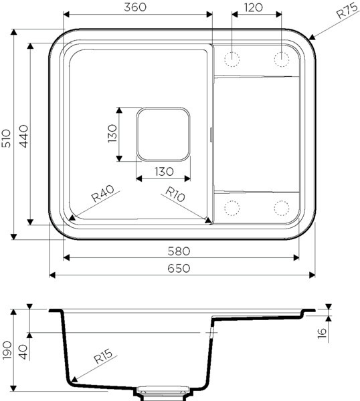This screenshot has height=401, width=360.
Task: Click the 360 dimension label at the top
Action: coord(137,7)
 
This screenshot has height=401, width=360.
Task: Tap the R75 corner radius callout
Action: coord(346,11)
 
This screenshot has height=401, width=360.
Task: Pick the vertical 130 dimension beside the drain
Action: coord(112,134)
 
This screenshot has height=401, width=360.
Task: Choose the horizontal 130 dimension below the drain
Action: coord(164,171)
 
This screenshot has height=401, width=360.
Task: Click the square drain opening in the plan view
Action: coord(164,134)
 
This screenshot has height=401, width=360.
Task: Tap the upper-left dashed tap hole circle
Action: coord(232,59)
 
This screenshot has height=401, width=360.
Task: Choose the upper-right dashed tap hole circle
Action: coord(281,59)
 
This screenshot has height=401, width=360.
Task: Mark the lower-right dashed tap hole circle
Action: coord(281,208)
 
